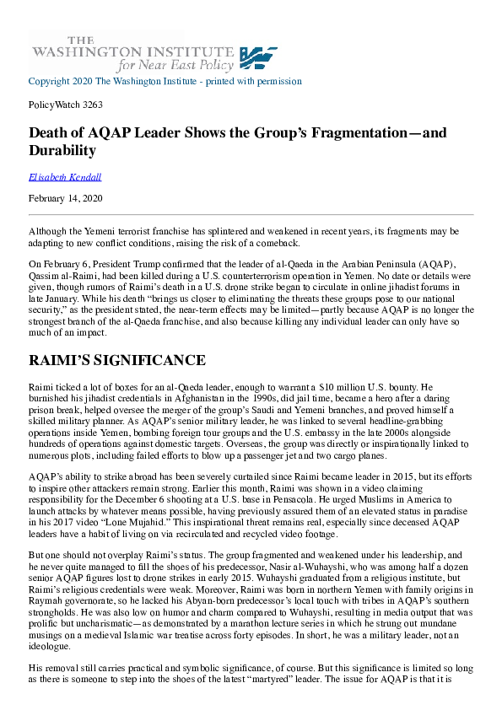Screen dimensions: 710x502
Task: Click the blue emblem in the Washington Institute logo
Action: click(x=259, y=57)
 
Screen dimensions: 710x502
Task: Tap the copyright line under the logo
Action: click(x=165, y=82)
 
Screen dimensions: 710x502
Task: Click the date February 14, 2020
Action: click(x=64, y=199)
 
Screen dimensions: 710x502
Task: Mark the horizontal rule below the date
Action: click(x=251, y=214)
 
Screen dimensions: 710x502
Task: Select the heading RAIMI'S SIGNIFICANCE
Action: click(x=116, y=360)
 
